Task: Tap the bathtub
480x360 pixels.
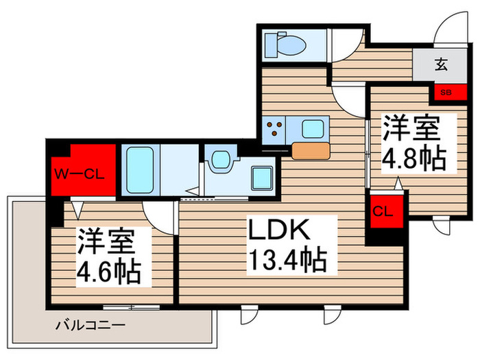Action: pos(141,169)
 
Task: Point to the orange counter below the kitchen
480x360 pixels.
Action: pos(311,150)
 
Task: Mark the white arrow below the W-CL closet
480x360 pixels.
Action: pos(77,205)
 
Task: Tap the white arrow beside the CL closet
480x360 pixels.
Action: pos(398,183)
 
